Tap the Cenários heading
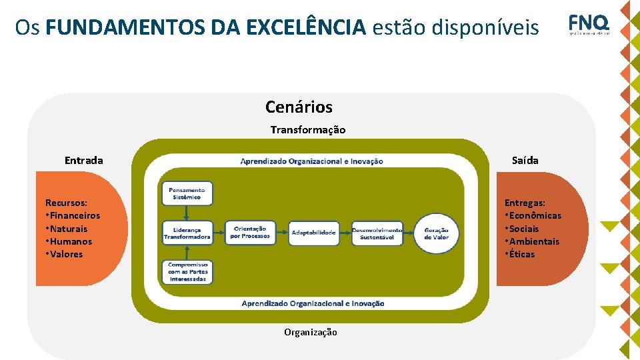click(299, 107)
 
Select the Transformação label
click(308, 130)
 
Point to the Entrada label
click(84, 160)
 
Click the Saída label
click(525, 160)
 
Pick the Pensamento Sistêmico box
click(187, 193)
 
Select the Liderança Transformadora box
click(187, 233)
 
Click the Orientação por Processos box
click(250, 233)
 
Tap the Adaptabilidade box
click(313, 233)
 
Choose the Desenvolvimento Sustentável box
click(377, 233)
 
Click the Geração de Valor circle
click(437, 233)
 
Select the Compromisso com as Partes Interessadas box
click(187, 272)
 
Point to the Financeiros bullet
click(74, 215)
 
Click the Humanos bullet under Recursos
click(70, 241)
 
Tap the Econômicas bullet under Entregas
click(535, 215)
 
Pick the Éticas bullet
click(521, 254)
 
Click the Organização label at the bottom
click(311, 332)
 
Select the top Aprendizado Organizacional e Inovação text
click(311, 161)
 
